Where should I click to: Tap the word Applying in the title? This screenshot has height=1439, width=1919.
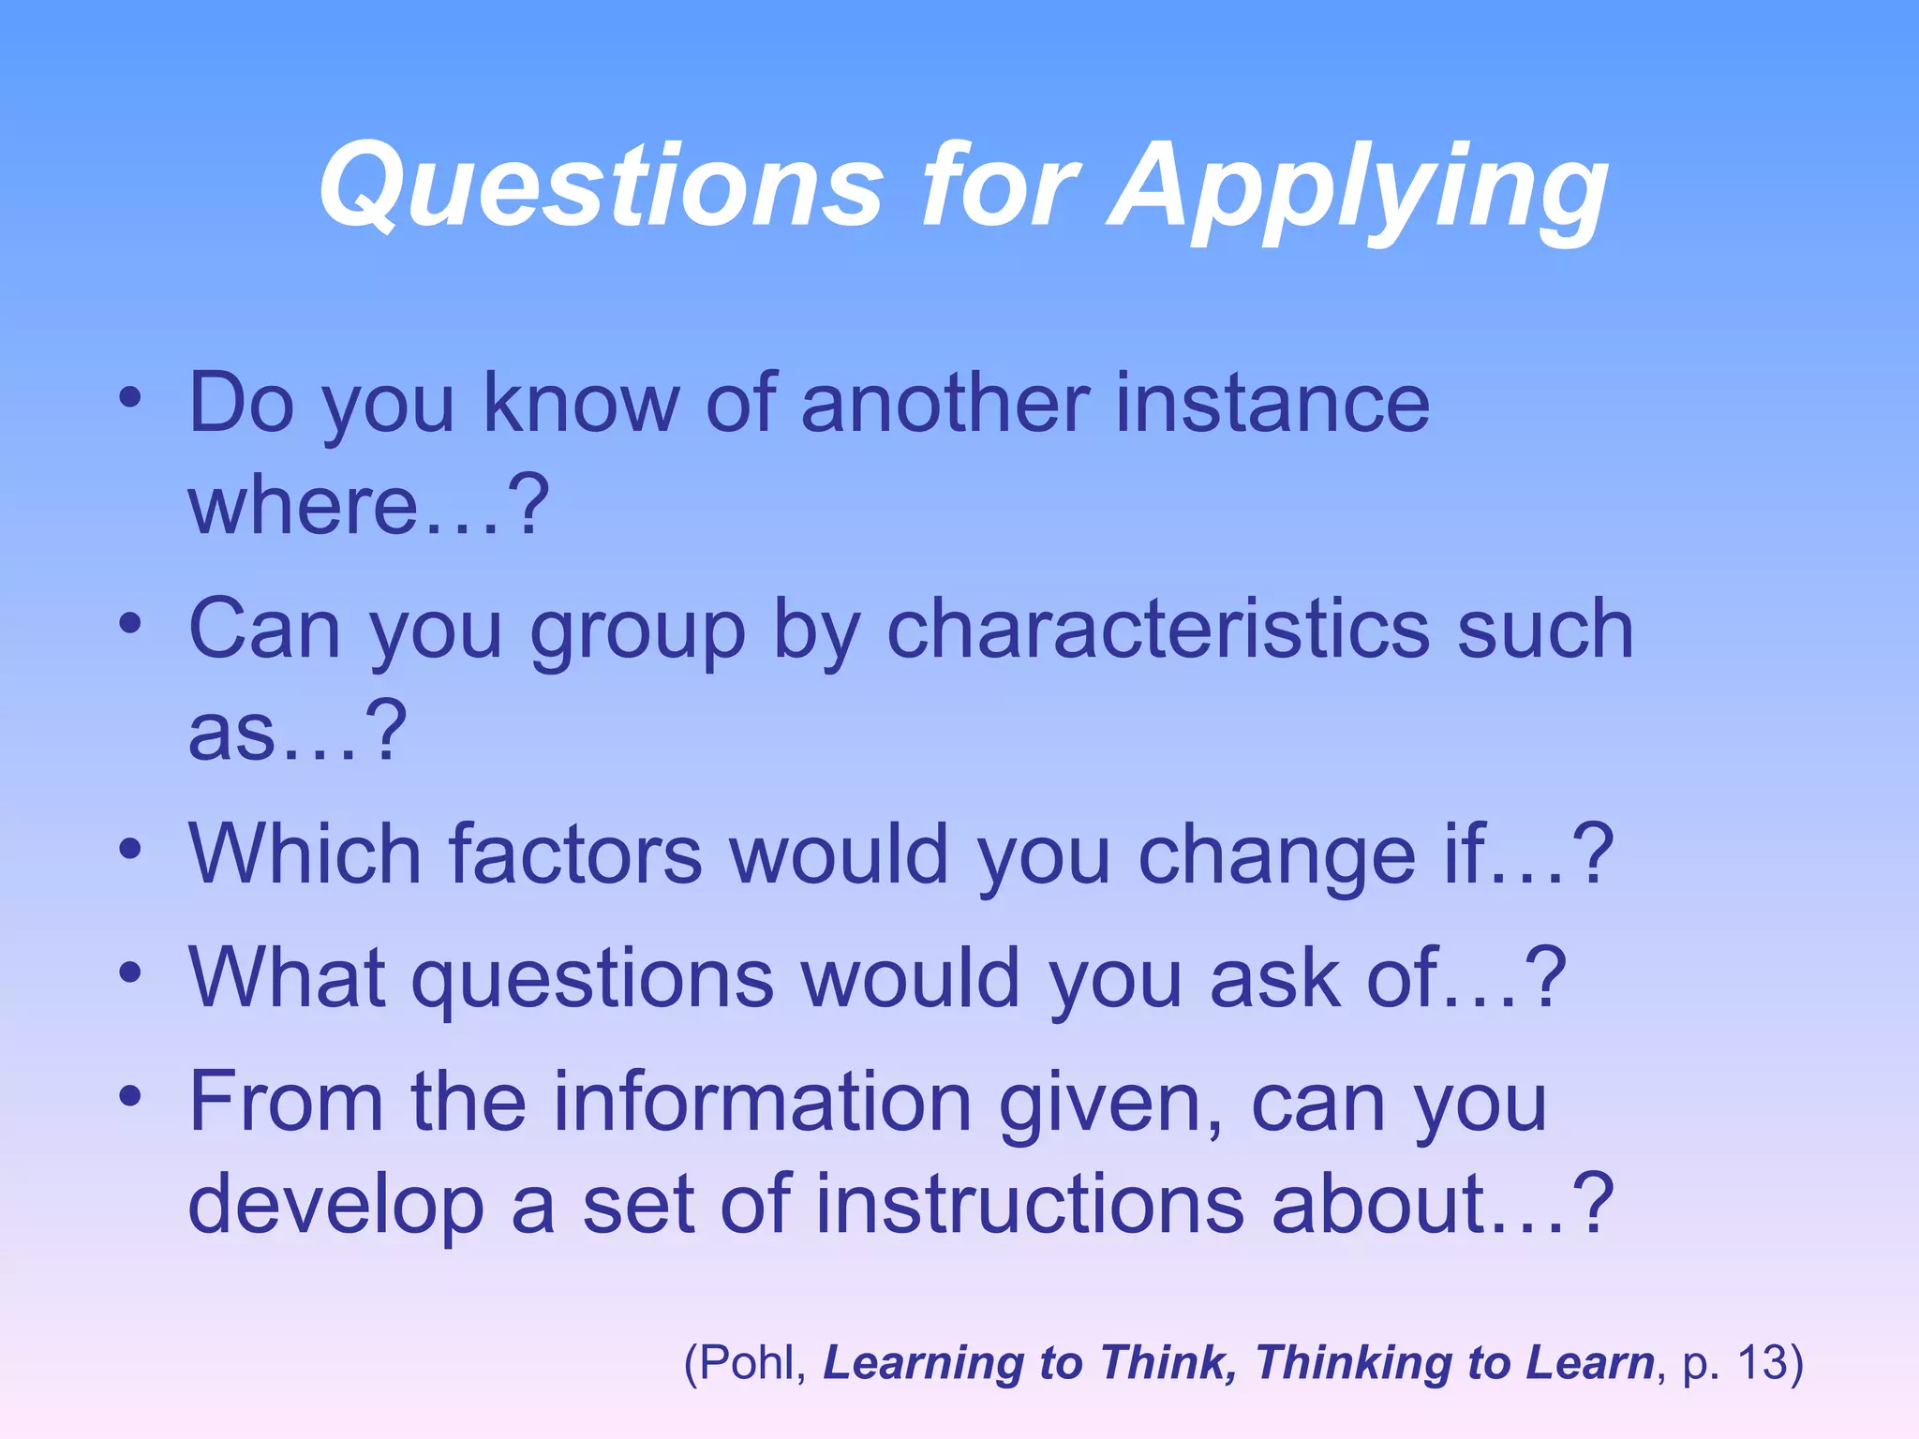click(1358, 187)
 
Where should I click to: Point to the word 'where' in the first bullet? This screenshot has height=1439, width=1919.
click(303, 506)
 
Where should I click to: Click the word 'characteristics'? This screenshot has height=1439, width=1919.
click(1158, 630)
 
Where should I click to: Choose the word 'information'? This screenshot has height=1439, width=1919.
click(762, 1102)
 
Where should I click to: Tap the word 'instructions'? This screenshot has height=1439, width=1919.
click(1030, 1205)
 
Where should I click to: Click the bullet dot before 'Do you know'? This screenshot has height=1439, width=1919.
click(130, 397)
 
